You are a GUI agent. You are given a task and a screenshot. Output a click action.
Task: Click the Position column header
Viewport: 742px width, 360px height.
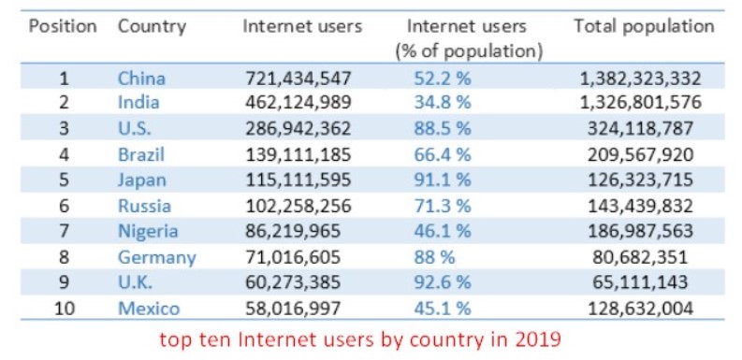pos(63,26)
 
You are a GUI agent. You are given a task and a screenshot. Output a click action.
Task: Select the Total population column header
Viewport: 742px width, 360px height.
pos(644,26)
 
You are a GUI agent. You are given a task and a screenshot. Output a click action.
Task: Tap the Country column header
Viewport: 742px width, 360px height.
pos(152,27)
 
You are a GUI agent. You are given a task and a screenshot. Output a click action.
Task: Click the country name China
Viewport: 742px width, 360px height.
pos(141,78)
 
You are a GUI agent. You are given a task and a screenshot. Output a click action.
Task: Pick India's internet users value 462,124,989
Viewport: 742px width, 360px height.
pos(298,103)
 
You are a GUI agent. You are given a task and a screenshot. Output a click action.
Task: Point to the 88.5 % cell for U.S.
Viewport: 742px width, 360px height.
pos(443,129)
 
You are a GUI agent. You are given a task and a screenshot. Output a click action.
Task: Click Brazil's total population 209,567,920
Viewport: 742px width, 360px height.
pos(640,154)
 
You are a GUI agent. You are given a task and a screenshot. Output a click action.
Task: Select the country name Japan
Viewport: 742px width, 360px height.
pos(142,180)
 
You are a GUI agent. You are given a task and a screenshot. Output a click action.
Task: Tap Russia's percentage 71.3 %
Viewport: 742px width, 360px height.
pos(443,206)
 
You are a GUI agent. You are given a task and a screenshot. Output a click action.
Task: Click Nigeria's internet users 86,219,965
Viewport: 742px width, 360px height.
pos(293,231)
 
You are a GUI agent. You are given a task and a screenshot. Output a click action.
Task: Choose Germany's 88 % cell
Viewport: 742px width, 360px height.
pos(434,257)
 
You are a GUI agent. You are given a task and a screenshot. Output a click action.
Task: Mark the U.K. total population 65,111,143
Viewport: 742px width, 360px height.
pos(640,282)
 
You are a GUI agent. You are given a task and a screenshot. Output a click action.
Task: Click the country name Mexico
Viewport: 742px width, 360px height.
pos(149,309)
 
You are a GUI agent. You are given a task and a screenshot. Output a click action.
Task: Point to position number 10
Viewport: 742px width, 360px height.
pos(65,309)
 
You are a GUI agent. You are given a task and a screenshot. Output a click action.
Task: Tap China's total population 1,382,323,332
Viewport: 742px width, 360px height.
pos(640,78)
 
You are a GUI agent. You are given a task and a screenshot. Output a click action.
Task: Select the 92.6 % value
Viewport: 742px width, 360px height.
pos(443,282)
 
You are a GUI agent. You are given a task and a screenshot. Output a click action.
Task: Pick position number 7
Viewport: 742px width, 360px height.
pos(65,231)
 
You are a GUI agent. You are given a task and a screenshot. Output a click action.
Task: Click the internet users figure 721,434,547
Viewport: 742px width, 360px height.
pos(298,78)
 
